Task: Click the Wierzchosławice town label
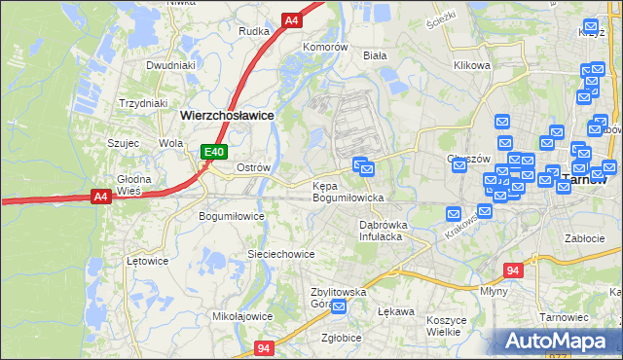point(227,114)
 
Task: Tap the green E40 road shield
point(214,152)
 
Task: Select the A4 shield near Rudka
point(291,19)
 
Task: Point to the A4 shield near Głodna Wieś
point(100,197)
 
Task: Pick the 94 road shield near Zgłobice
point(265,346)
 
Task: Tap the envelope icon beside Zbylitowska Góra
point(339,307)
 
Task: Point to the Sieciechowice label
point(280,254)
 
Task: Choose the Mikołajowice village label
point(242,316)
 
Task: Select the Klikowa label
point(471,66)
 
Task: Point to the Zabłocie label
point(585,237)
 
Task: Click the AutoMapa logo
point(559,341)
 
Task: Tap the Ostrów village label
point(253,167)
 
